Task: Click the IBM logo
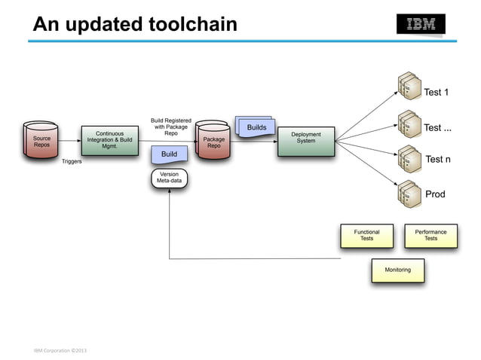(x=421, y=24)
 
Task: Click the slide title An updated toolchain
(x=134, y=25)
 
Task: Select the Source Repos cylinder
(x=41, y=141)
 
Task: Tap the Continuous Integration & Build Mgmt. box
(x=109, y=141)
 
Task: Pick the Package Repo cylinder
(x=213, y=142)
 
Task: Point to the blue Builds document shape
(x=256, y=127)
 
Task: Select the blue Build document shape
(x=170, y=154)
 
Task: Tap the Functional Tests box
(x=366, y=236)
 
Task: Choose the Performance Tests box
(x=430, y=236)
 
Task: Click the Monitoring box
(x=397, y=270)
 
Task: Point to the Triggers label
(x=72, y=161)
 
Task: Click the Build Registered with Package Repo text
(x=170, y=127)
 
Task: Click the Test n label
(x=438, y=160)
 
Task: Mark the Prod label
(x=435, y=194)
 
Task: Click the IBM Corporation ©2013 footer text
(x=60, y=351)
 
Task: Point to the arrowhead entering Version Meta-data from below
(x=170, y=191)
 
